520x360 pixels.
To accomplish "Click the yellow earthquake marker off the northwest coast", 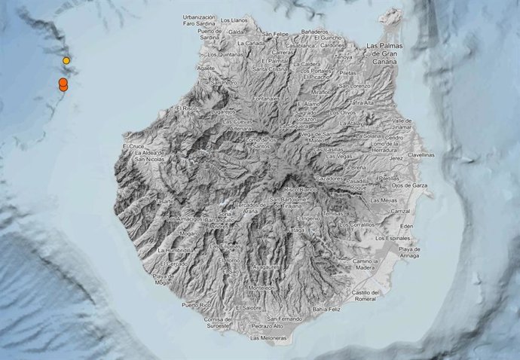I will (x=66, y=60).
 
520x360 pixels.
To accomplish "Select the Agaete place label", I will (x=206, y=67).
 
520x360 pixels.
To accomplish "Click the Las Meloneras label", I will (x=269, y=338).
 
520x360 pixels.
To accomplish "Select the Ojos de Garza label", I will (x=410, y=185).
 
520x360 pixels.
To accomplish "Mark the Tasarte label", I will (x=165, y=202).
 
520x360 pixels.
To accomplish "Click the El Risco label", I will (x=185, y=108).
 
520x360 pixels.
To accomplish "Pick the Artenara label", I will (x=220, y=129).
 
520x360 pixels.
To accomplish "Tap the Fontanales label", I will (x=266, y=98).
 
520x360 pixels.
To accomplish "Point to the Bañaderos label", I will (x=314, y=32).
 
